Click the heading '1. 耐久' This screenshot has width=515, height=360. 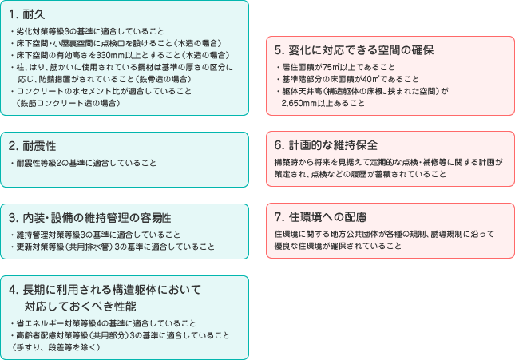point(27,14)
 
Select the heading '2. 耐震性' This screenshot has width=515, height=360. point(32,146)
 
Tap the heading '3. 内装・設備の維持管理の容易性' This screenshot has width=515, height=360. point(90,218)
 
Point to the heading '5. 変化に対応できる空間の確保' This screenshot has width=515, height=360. point(354,50)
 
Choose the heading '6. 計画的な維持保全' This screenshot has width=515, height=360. point(326,145)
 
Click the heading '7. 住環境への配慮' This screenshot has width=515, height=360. point(320,217)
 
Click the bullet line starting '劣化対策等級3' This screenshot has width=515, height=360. point(88,32)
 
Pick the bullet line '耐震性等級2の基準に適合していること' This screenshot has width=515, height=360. point(84,164)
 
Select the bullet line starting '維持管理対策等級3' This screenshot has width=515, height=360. point(96,235)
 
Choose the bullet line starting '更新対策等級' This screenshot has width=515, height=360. point(113,247)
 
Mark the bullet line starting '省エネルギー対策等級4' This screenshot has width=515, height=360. point(104,323)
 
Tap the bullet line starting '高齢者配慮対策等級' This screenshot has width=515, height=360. point(121,335)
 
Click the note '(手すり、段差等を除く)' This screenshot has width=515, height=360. point(57,347)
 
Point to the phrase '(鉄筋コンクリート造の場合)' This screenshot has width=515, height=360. point(69,103)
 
